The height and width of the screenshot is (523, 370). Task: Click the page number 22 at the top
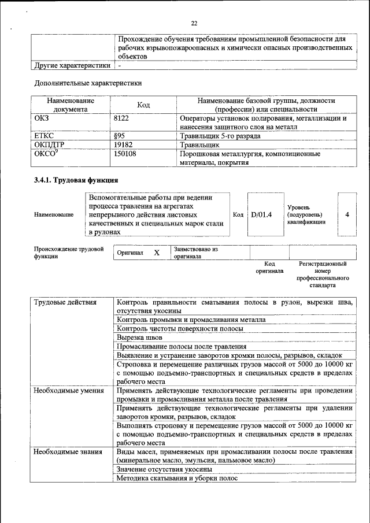194,23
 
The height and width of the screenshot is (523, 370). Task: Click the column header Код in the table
143,105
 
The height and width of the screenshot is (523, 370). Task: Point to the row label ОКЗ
43,118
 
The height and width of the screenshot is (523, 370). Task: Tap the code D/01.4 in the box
261,214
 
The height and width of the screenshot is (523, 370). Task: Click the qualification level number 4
347,214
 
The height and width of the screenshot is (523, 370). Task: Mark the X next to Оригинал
157,253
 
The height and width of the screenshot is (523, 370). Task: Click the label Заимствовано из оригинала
196,253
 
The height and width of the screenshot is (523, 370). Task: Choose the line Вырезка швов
139,337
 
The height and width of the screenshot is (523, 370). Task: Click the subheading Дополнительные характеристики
88,83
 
